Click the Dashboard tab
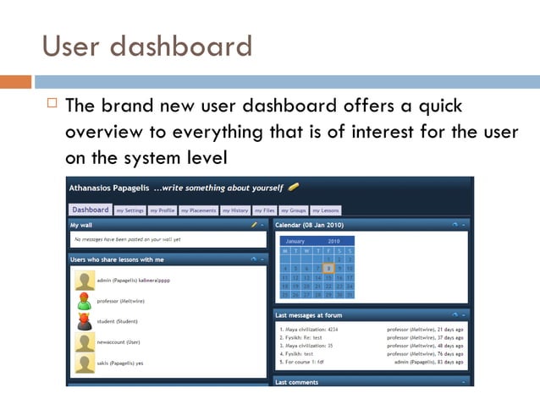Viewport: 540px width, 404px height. point(91,210)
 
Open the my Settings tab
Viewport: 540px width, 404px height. point(129,210)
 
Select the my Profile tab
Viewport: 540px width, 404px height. point(162,210)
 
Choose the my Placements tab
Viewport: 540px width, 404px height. point(198,210)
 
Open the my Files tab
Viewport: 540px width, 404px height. point(265,210)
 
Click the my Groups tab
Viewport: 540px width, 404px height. point(293,210)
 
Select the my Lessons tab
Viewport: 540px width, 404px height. point(325,210)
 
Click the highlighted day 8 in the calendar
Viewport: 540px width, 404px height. point(328,268)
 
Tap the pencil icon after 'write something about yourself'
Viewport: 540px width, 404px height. point(294,187)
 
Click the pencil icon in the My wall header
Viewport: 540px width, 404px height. point(253,225)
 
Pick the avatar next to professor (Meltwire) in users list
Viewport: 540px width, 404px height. point(85,301)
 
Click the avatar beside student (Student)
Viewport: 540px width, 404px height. point(85,321)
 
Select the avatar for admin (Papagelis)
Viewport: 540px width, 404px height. point(85,281)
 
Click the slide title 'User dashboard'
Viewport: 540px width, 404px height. point(146,45)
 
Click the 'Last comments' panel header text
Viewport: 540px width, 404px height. point(296,382)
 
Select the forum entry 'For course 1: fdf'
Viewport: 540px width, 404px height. point(302,362)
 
